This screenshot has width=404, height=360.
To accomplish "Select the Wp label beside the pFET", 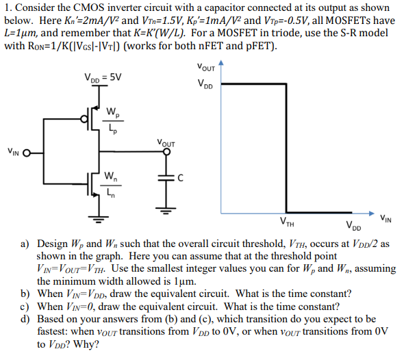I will point(111,111).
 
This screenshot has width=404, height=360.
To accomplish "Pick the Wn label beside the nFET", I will point(110,176).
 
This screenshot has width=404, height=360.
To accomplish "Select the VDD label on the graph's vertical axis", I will point(205,85).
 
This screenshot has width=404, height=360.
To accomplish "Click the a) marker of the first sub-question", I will point(24,243).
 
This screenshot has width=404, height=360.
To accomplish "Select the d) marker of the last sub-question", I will point(24,319).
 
